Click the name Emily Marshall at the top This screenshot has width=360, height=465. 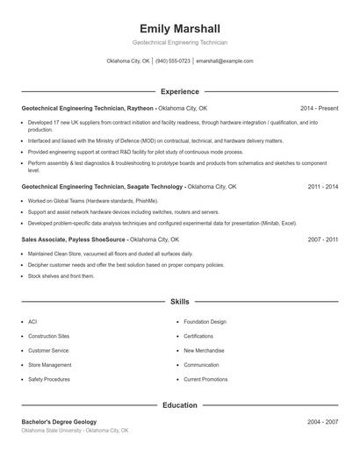pyautogui.click(x=179, y=28)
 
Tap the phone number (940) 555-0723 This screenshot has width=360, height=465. pyautogui.click(x=174, y=61)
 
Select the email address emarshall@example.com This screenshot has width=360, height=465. pyautogui.click(x=225, y=61)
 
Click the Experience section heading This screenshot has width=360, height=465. pyautogui.click(x=179, y=91)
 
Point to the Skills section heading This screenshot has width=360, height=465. pyautogui.click(x=179, y=301)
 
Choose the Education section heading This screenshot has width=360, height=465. pyautogui.click(x=179, y=405)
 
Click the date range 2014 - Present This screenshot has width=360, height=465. pyautogui.click(x=319, y=108)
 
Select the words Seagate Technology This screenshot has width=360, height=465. pyautogui.click(x=155, y=187)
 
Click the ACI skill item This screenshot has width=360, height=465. pyautogui.click(x=32, y=322)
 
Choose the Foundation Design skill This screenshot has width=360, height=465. pyautogui.click(x=205, y=322)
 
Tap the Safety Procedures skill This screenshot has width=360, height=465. pyautogui.click(x=48, y=379)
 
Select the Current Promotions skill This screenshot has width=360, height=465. pyautogui.click(x=205, y=379)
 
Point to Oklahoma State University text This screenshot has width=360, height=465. pyautogui.click(x=52, y=431)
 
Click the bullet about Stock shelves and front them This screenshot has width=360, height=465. pyautogui.click(x=61, y=275)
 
